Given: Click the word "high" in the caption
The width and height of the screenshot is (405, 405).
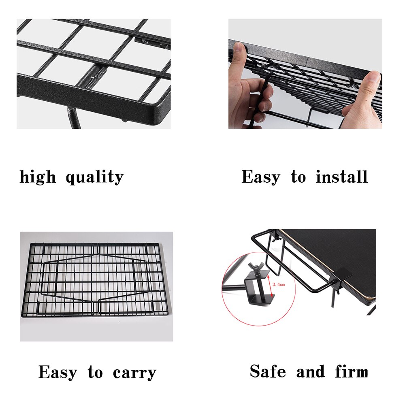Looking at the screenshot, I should (38, 177).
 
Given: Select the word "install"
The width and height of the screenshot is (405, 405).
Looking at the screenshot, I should (342, 177).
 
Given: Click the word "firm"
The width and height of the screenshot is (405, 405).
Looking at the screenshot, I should (352, 371).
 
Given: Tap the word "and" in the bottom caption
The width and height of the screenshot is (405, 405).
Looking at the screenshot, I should (310, 371).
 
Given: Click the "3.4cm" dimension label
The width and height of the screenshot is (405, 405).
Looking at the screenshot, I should (279, 285).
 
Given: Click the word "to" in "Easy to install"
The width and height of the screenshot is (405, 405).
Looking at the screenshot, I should (298, 177).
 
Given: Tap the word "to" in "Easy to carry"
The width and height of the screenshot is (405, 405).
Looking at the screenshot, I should (95, 372).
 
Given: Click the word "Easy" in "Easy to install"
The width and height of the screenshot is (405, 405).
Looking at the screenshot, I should (260, 177).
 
